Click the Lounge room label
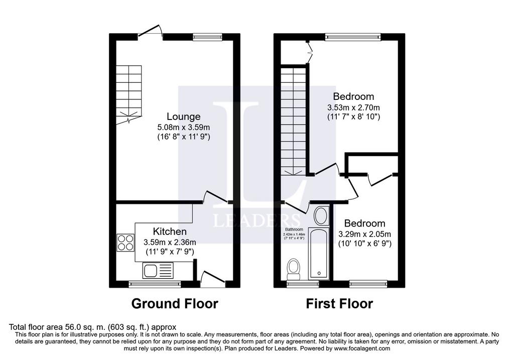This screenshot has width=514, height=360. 184,116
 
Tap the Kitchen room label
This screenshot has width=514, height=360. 170,231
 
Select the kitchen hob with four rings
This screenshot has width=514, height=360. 125,243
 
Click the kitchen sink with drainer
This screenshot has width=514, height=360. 158,271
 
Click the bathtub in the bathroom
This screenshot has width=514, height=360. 319,254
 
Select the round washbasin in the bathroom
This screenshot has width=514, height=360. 322,216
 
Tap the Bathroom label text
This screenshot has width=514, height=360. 294,229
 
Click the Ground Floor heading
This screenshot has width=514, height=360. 175,304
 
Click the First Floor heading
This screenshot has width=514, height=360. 339,304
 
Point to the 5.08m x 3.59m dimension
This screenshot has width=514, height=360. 184,127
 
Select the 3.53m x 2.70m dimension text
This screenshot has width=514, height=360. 353,107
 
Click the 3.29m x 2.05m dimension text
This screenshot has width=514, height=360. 364,234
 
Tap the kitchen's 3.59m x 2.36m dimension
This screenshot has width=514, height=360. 170,243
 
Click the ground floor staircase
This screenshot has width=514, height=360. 129,93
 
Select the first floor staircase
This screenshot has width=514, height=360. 293,121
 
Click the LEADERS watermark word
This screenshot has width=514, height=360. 256,220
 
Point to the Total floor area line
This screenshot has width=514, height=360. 93,327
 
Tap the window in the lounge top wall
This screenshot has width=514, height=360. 207,37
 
